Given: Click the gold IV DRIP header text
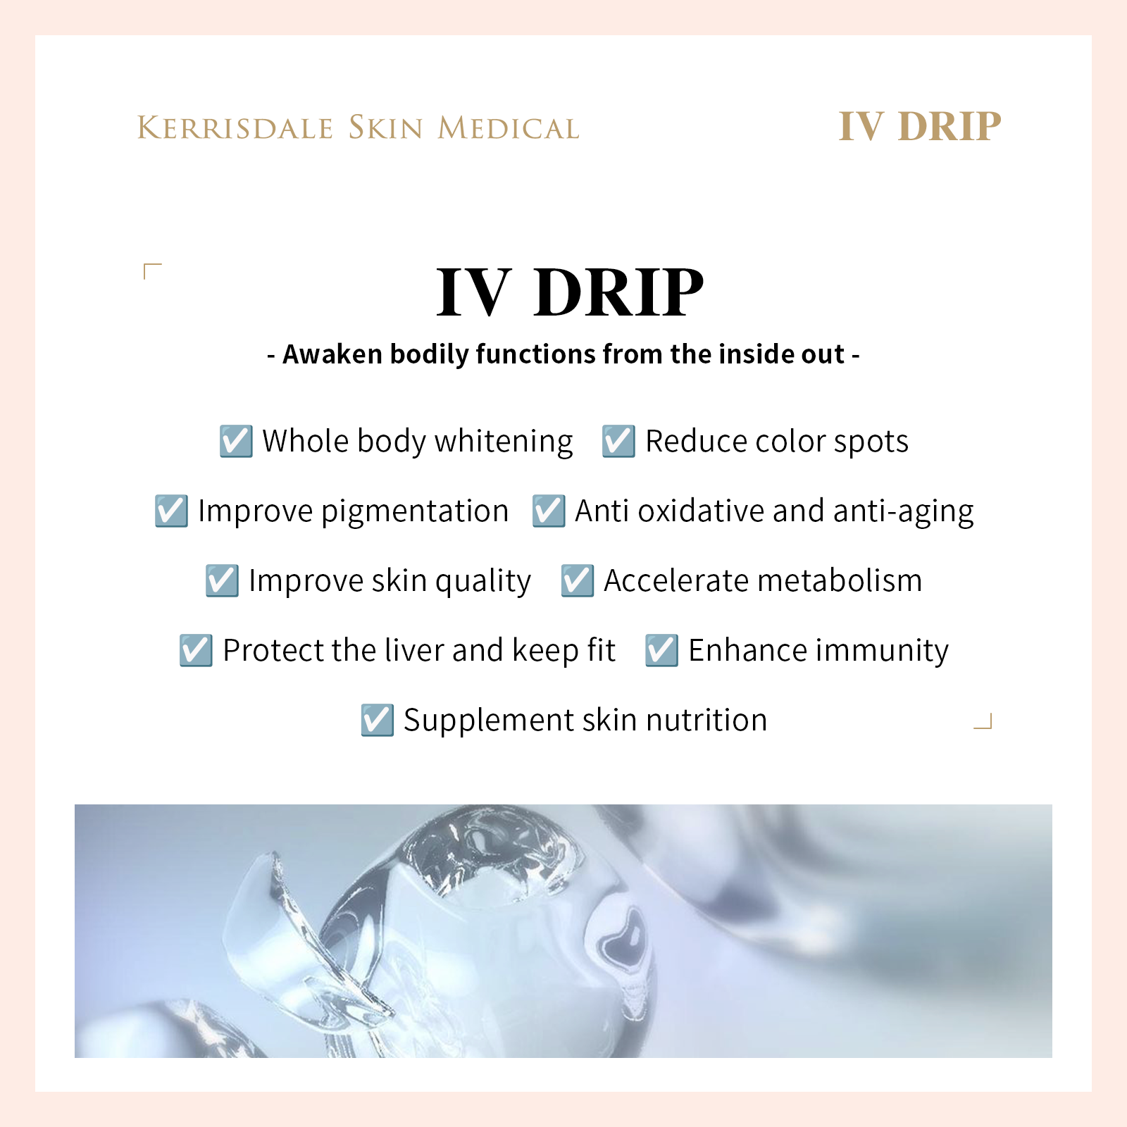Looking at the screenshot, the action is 919,127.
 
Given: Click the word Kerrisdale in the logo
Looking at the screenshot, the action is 235,128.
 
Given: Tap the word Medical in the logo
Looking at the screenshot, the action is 508,128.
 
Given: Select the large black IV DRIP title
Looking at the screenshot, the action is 570,292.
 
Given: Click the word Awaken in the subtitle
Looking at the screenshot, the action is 332,354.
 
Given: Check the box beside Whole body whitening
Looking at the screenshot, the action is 236,441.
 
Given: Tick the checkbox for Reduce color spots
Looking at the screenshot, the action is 618,441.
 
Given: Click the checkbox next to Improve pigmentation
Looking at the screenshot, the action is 171,511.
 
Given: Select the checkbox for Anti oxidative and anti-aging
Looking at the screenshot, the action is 549,511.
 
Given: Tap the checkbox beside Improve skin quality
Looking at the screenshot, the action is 222,580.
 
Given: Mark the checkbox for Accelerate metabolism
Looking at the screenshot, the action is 578,580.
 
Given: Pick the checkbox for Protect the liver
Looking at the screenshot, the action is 196,650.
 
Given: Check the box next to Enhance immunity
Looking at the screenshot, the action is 662,650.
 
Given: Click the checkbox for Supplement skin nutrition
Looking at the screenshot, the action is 377,720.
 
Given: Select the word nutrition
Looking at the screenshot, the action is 706,720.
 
